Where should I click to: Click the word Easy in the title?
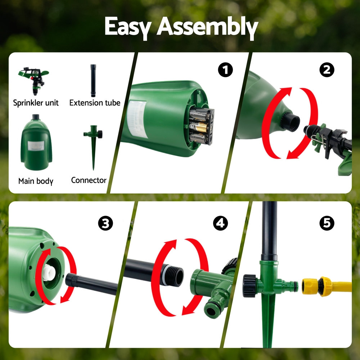coord(128,27)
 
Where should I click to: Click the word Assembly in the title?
coord(207,27)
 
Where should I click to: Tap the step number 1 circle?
coord(225,70)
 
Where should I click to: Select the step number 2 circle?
coord(327,70)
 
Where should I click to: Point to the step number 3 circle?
coord(105,223)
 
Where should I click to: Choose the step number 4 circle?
coord(220,223)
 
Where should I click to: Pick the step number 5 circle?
coord(327,223)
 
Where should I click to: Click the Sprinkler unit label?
coord(36,103)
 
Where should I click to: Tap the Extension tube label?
coord(95,103)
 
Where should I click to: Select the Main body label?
coord(36,181)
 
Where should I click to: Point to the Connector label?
coord(89,180)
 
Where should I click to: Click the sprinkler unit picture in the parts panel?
coord(34,81)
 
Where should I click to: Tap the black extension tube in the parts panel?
coord(93,81)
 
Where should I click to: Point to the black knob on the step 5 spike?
coord(249,285)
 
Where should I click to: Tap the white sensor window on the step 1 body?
coord(137,119)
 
